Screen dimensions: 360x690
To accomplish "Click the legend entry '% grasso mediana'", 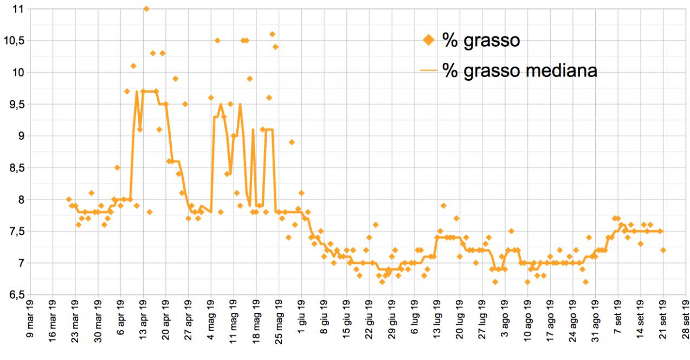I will tap(519, 70).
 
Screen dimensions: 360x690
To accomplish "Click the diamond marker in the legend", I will tap(429, 40).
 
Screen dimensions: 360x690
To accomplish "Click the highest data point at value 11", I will tap(146, 9).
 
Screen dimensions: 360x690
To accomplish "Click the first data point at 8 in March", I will tap(69, 200).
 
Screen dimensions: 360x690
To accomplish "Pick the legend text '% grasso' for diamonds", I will tap(481, 41).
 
